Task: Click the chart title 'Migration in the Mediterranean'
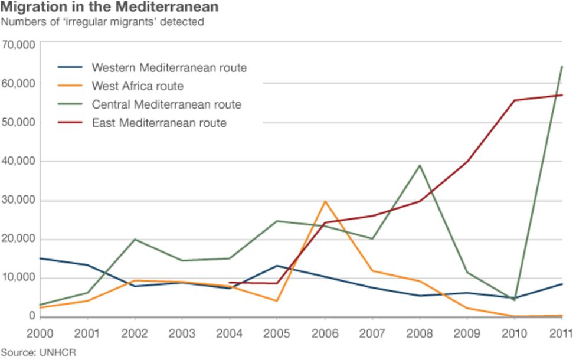tap(110, 8)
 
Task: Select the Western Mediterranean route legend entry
tap(169, 67)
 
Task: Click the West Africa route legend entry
tap(138, 86)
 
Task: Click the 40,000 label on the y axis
tap(19, 161)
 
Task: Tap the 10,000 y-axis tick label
tap(19, 277)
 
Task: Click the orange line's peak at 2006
tap(325, 201)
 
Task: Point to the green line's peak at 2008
tap(420, 165)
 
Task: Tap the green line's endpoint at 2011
tap(561, 66)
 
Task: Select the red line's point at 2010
tap(514, 100)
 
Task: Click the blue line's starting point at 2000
tap(40, 258)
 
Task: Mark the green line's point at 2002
tap(135, 240)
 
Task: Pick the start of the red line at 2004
tap(229, 283)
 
